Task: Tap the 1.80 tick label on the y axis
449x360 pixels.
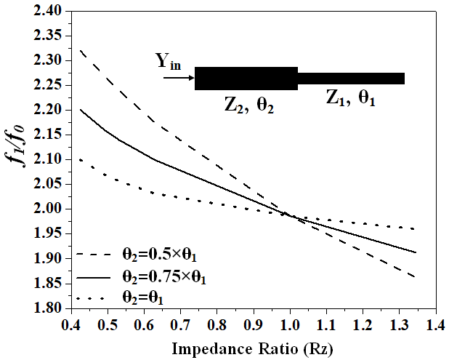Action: click(x=46, y=308)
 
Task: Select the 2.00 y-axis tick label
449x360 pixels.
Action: click(x=46, y=209)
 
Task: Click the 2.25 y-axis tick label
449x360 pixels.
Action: click(x=46, y=85)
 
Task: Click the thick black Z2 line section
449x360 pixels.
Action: click(x=246, y=79)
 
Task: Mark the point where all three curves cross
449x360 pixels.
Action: click(x=291, y=215)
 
